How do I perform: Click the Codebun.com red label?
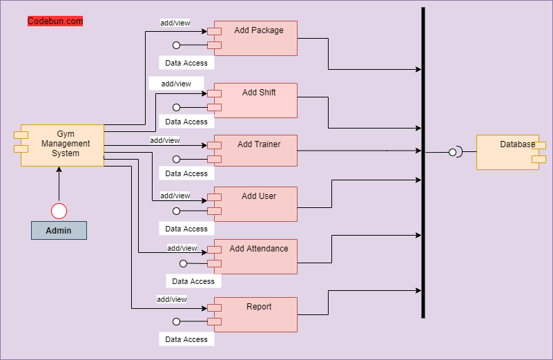pyautogui.click(x=55, y=21)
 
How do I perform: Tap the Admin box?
pyautogui.click(x=59, y=231)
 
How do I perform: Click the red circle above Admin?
pyautogui.click(x=59, y=211)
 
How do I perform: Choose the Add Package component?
pyautogui.click(x=253, y=38)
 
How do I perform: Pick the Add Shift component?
pyautogui.click(x=253, y=101)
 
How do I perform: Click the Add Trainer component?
pyautogui.click(x=253, y=151)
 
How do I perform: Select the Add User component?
pyautogui.click(x=253, y=204)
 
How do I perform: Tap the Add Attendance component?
pyautogui.click(x=253, y=256)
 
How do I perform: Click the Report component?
pyautogui.click(x=253, y=314)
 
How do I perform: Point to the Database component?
pyautogui.click(x=511, y=152)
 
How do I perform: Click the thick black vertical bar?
pyautogui.click(x=423, y=162)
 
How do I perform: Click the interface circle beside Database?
pyautogui.click(x=452, y=153)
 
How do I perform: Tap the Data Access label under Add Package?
pyautogui.click(x=186, y=63)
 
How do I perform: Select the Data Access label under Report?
pyautogui.click(x=186, y=339)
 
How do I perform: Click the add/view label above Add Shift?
pyautogui.click(x=176, y=84)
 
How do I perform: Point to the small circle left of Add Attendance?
pyautogui.click(x=183, y=263)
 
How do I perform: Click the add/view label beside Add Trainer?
pyautogui.click(x=165, y=140)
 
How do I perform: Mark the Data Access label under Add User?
pyautogui.click(x=186, y=229)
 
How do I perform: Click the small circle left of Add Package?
pyautogui.click(x=176, y=45)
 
